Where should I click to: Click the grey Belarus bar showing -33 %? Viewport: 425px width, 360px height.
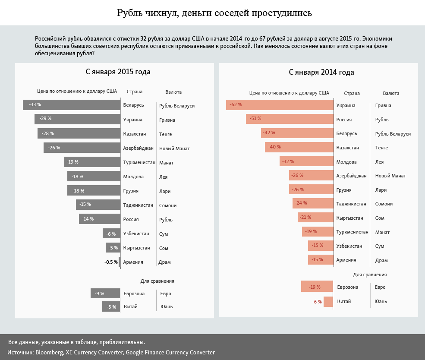point(72,104)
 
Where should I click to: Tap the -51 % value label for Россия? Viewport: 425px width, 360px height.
point(256,119)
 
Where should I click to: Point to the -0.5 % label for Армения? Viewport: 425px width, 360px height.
point(111,262)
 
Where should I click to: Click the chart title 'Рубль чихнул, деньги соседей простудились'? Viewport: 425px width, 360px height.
point(214,13)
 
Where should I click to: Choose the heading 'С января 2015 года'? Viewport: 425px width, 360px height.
point(118,72)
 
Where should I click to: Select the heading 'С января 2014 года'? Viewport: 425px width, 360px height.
point(321,72)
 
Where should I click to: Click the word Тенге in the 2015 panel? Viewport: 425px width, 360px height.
point(166,134)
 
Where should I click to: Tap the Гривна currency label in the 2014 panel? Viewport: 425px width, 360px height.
point(384,105)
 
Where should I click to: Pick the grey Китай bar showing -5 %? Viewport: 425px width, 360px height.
point(110,306)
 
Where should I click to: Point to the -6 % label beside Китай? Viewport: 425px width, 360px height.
point(317,302)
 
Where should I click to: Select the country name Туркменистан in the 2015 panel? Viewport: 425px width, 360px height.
point(139,162)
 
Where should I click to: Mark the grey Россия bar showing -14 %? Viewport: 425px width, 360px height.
point(99,219)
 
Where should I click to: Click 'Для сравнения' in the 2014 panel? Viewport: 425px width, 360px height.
point(370,274)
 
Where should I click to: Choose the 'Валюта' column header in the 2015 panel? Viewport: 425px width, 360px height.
point(173,92)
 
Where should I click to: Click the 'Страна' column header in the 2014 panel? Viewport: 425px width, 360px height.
point(352,93)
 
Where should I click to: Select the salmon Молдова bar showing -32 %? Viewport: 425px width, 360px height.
point(306,161)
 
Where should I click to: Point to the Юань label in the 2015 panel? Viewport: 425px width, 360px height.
point(166,306)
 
